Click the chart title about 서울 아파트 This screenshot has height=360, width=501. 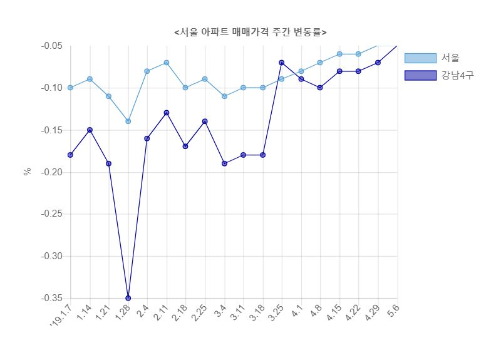pos(250,32)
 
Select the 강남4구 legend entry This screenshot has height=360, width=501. pos(439,75)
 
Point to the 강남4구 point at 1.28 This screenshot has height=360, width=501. pos(128,298)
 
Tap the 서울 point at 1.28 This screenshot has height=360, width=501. pos(128,121)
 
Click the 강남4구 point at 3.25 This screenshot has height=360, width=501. pos(282,63)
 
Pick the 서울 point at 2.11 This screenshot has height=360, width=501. pos(166,63)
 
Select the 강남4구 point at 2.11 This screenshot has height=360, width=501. pos(166,113)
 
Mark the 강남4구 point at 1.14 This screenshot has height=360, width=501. pos(90,130)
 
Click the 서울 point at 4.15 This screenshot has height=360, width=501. pos(339,54)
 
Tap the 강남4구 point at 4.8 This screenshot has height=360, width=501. pos(320,88)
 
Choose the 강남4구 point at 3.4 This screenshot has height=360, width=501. pos(224,163)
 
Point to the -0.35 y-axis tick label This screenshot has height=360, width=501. pos(51,298)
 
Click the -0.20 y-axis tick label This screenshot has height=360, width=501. pos(51,172)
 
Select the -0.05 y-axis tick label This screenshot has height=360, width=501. pos(51,46)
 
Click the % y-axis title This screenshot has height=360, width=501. pos(28,172)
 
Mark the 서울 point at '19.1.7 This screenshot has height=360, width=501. pos(70,88)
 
